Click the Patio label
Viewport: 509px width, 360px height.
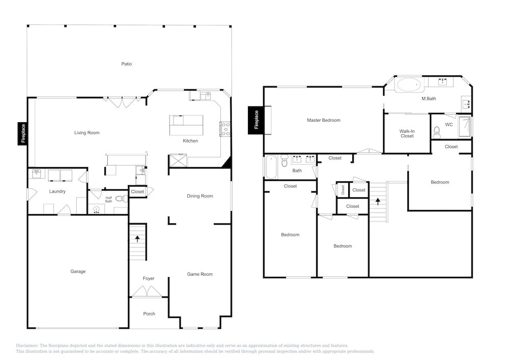pyautogui.click(x=127, y=64)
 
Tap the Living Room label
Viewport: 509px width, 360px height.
pyautogui.click(x=87, y=133)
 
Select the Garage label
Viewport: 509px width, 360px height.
pyautogui.click(x=78, y=271)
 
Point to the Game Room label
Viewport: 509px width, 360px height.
pyautogui.click(x=200, y=274)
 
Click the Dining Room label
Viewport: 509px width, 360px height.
pyautogui.click(x=200, y=196)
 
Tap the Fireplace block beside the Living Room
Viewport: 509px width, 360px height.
pyautogui.click(x=23, y=133)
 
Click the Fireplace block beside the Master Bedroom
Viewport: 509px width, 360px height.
pyautogui.click(x=256, y=120)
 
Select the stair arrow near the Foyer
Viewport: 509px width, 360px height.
pyautogui.click(x=137, y=239)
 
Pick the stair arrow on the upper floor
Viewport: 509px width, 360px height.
pyautogui.click(x=378, y=202)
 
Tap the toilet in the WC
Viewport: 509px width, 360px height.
pyautogui.click(x=437, y=132)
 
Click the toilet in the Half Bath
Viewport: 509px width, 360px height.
pyautogui.click(x=122, y=199)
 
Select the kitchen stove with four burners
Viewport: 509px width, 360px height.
pyautogui.click(x=225, y=129)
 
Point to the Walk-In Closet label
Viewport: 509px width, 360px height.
pyautogui.click(x=407, y=134)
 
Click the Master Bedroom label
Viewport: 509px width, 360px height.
pyautogui.click(x=324, y=121)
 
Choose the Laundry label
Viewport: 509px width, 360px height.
pyautogui.click(x=58, y=191)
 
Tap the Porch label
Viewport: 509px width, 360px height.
pyautogui.click(x=149, y=314)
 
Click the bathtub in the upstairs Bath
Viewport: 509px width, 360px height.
pyautogui.click(x=271, y=167)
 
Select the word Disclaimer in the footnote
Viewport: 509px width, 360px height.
pyautogui.click(x=27, y=346)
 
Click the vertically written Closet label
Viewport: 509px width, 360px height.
pyautogui.click(x=343, y=190)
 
